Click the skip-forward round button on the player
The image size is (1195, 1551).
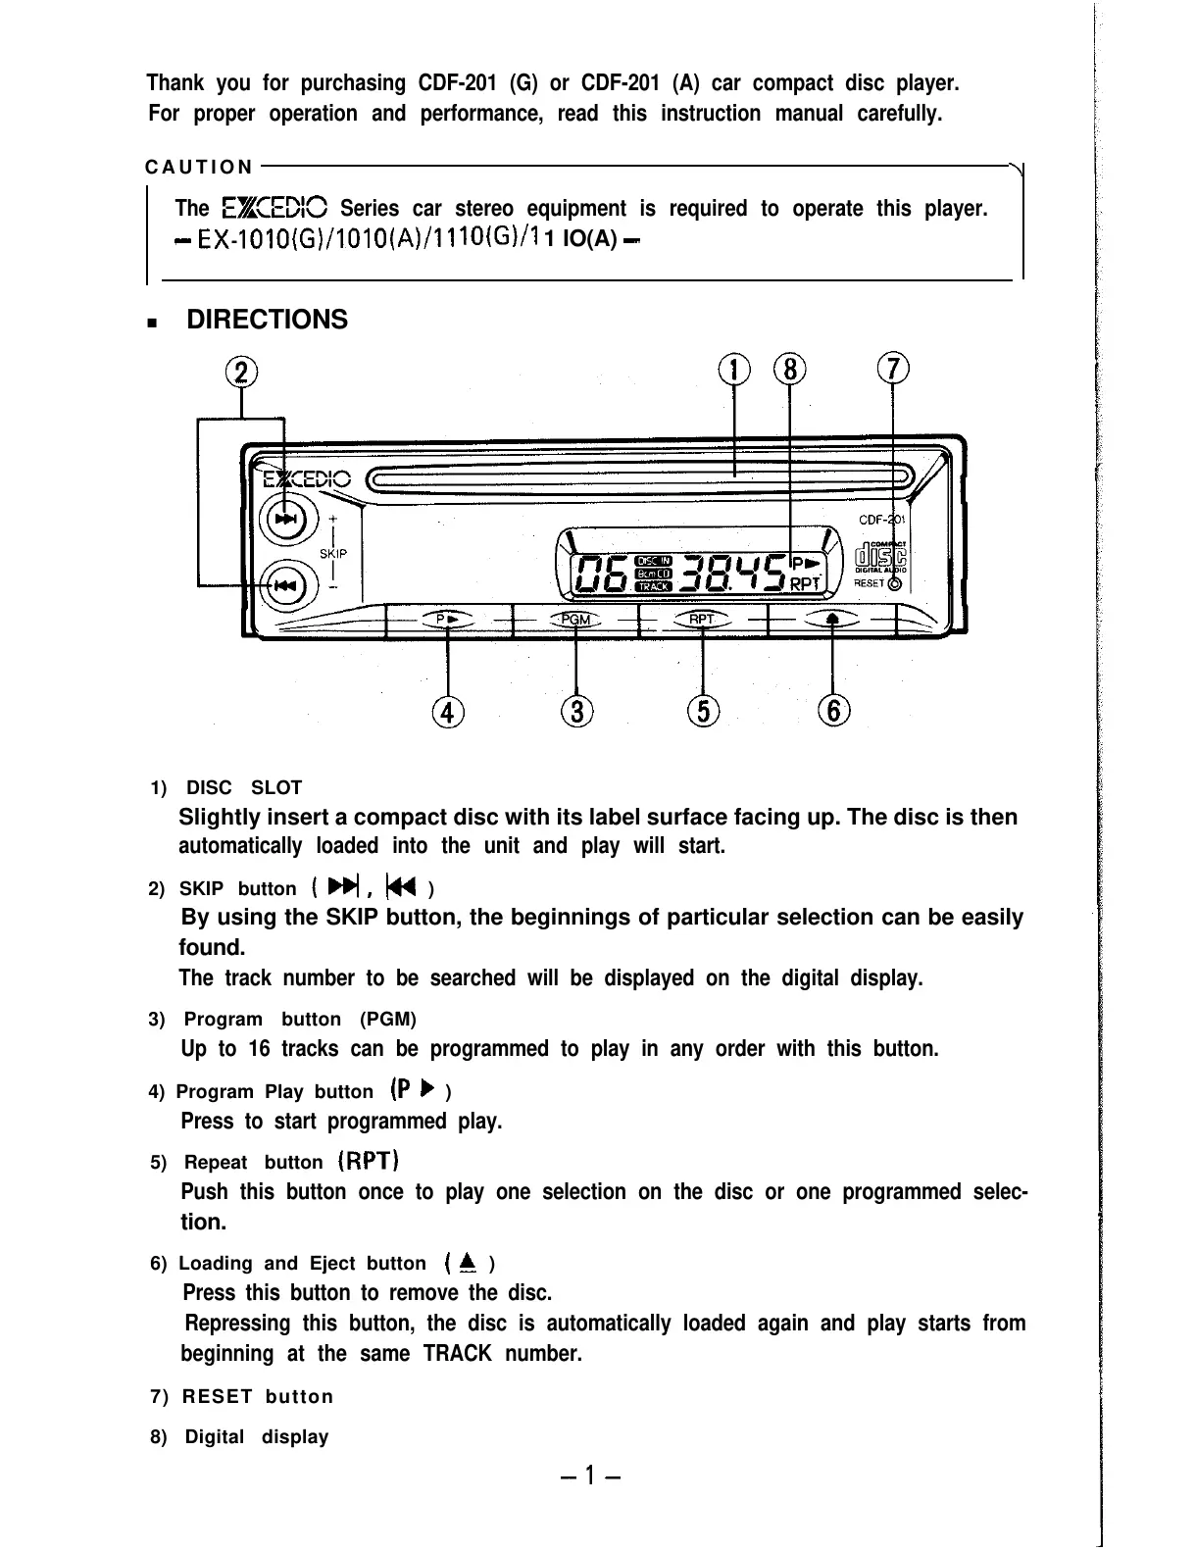[286, 519]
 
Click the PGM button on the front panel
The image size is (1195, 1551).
[576, 619]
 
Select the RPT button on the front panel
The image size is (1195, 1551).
[702, 619]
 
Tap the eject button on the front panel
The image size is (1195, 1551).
[832, 619]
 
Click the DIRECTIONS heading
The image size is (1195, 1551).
[267, 320]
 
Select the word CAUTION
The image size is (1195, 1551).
[199, 168]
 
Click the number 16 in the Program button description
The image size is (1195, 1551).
[259, 1050]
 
